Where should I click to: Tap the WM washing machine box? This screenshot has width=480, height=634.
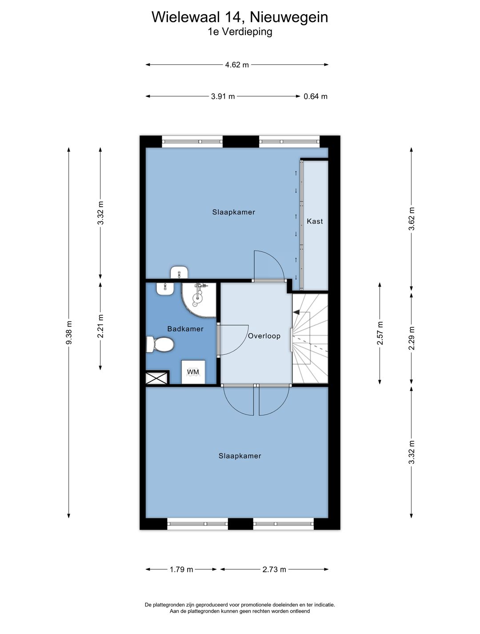click(193, 372)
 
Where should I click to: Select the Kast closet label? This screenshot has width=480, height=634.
click(315, 221)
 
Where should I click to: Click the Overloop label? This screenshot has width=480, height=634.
click(264, 336)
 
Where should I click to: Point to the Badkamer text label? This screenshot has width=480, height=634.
click(185, 329)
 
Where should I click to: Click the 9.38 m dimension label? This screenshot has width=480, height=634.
click(69, 332)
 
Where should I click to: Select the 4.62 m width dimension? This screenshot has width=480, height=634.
click(237, 65)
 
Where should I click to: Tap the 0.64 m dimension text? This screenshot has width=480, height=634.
click(316, 96)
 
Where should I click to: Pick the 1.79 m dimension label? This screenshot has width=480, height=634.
click(181, 569)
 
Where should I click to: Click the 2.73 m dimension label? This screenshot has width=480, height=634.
click(274, 569)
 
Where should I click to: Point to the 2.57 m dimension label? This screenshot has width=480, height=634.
click(380, 333)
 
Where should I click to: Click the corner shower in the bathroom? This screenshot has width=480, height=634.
click(199, 299)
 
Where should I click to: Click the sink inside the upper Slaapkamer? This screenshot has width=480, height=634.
click(180, 272)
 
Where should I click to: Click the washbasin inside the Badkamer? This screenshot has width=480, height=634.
click(165, 288)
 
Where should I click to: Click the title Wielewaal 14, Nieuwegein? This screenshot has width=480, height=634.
click(240, 17)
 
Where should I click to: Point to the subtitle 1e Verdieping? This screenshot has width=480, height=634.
click(240, 32)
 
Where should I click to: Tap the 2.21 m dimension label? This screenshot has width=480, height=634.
click(100, 326)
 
